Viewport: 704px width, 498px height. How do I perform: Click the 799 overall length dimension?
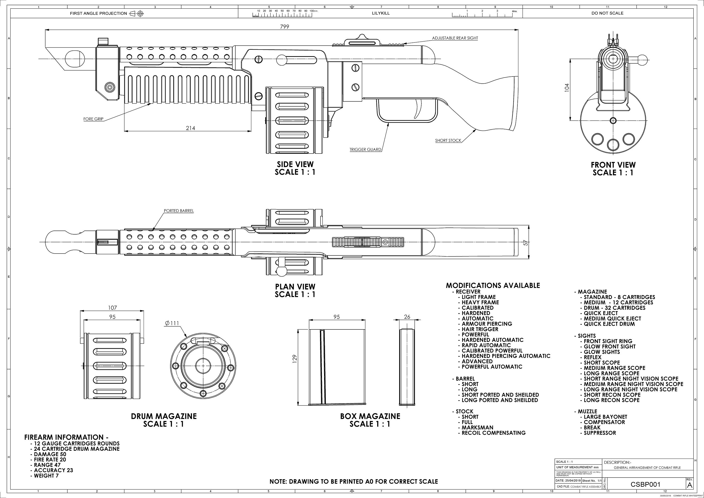click(284, 27)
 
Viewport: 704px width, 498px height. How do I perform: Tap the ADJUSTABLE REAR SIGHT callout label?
click(455, 38)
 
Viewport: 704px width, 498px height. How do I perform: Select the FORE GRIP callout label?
click(93, 119)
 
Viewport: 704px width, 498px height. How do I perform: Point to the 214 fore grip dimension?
click(190, 128)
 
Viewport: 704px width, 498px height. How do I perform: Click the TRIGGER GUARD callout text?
click(365, 150)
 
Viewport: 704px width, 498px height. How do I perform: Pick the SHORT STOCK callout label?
click(448, 141)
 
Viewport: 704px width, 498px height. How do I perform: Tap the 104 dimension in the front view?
click(567, 87)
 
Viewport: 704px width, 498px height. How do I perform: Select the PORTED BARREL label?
click(179, 211)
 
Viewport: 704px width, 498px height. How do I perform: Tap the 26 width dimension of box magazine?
click(407, 317)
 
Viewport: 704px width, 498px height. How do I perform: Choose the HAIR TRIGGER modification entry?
click(480, 329)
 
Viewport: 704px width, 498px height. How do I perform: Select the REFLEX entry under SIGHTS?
click(592, 357)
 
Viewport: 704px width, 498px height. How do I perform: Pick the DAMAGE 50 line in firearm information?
click(50, 454)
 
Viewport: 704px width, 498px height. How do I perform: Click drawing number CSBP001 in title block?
click(645, 484)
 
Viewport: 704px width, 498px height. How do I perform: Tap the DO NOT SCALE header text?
click(607, 13)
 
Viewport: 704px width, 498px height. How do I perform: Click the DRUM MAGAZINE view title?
click(164, 416)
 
